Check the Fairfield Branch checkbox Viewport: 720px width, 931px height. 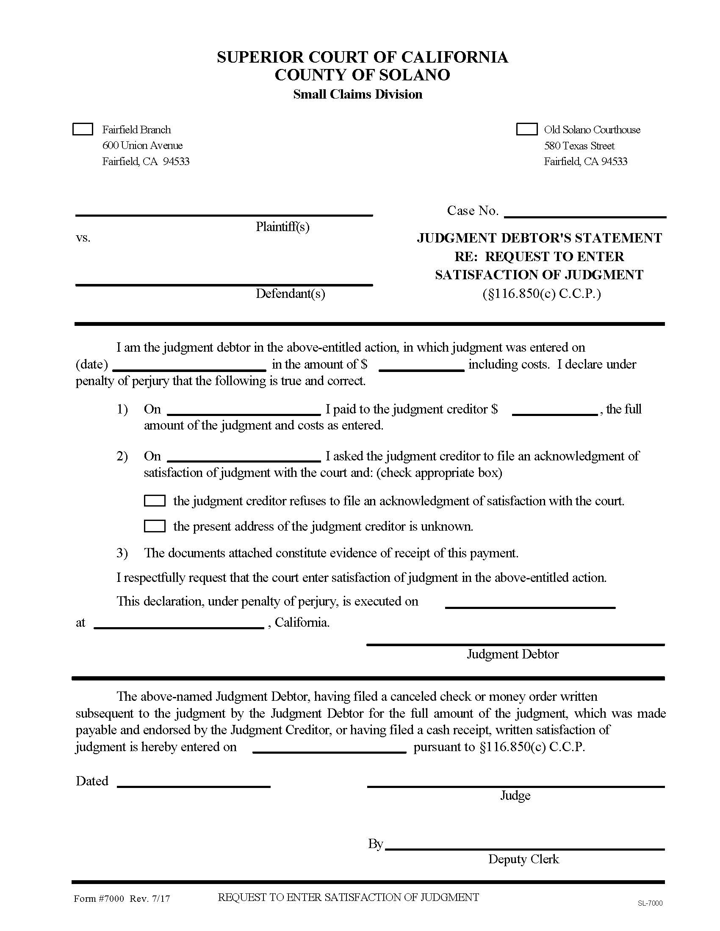[83, 129]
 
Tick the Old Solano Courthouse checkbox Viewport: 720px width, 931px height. [527, 129]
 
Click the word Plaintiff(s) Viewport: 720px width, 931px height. [282, 227]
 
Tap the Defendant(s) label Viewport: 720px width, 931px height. [290, 294]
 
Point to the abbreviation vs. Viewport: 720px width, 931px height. [83, 238]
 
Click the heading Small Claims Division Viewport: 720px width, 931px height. [357, 94]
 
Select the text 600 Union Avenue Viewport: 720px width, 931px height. [142, 145]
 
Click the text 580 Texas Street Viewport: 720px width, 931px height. [579, 146]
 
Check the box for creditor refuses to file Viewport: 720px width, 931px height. [155, 501]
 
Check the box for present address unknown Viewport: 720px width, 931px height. [155, 526]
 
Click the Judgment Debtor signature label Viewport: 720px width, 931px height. [512, 654]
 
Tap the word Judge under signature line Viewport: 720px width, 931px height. [515, 796]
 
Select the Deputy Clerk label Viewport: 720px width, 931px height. [523, 859]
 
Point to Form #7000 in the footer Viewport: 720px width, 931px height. [99, 898]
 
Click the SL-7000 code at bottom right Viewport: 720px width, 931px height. [650, 903]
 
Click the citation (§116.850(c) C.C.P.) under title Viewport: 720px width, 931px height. [541, 294]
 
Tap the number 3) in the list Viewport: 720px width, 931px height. [122, 553]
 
